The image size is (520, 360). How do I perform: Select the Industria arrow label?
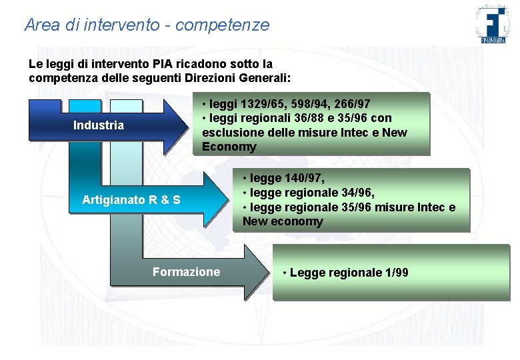point(98,125)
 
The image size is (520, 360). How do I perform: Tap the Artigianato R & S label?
point(131,199)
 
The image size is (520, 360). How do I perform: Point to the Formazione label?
point(186,271)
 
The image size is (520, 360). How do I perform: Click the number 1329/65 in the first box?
point(257,104)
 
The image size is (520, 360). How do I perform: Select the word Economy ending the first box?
point(229,147)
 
